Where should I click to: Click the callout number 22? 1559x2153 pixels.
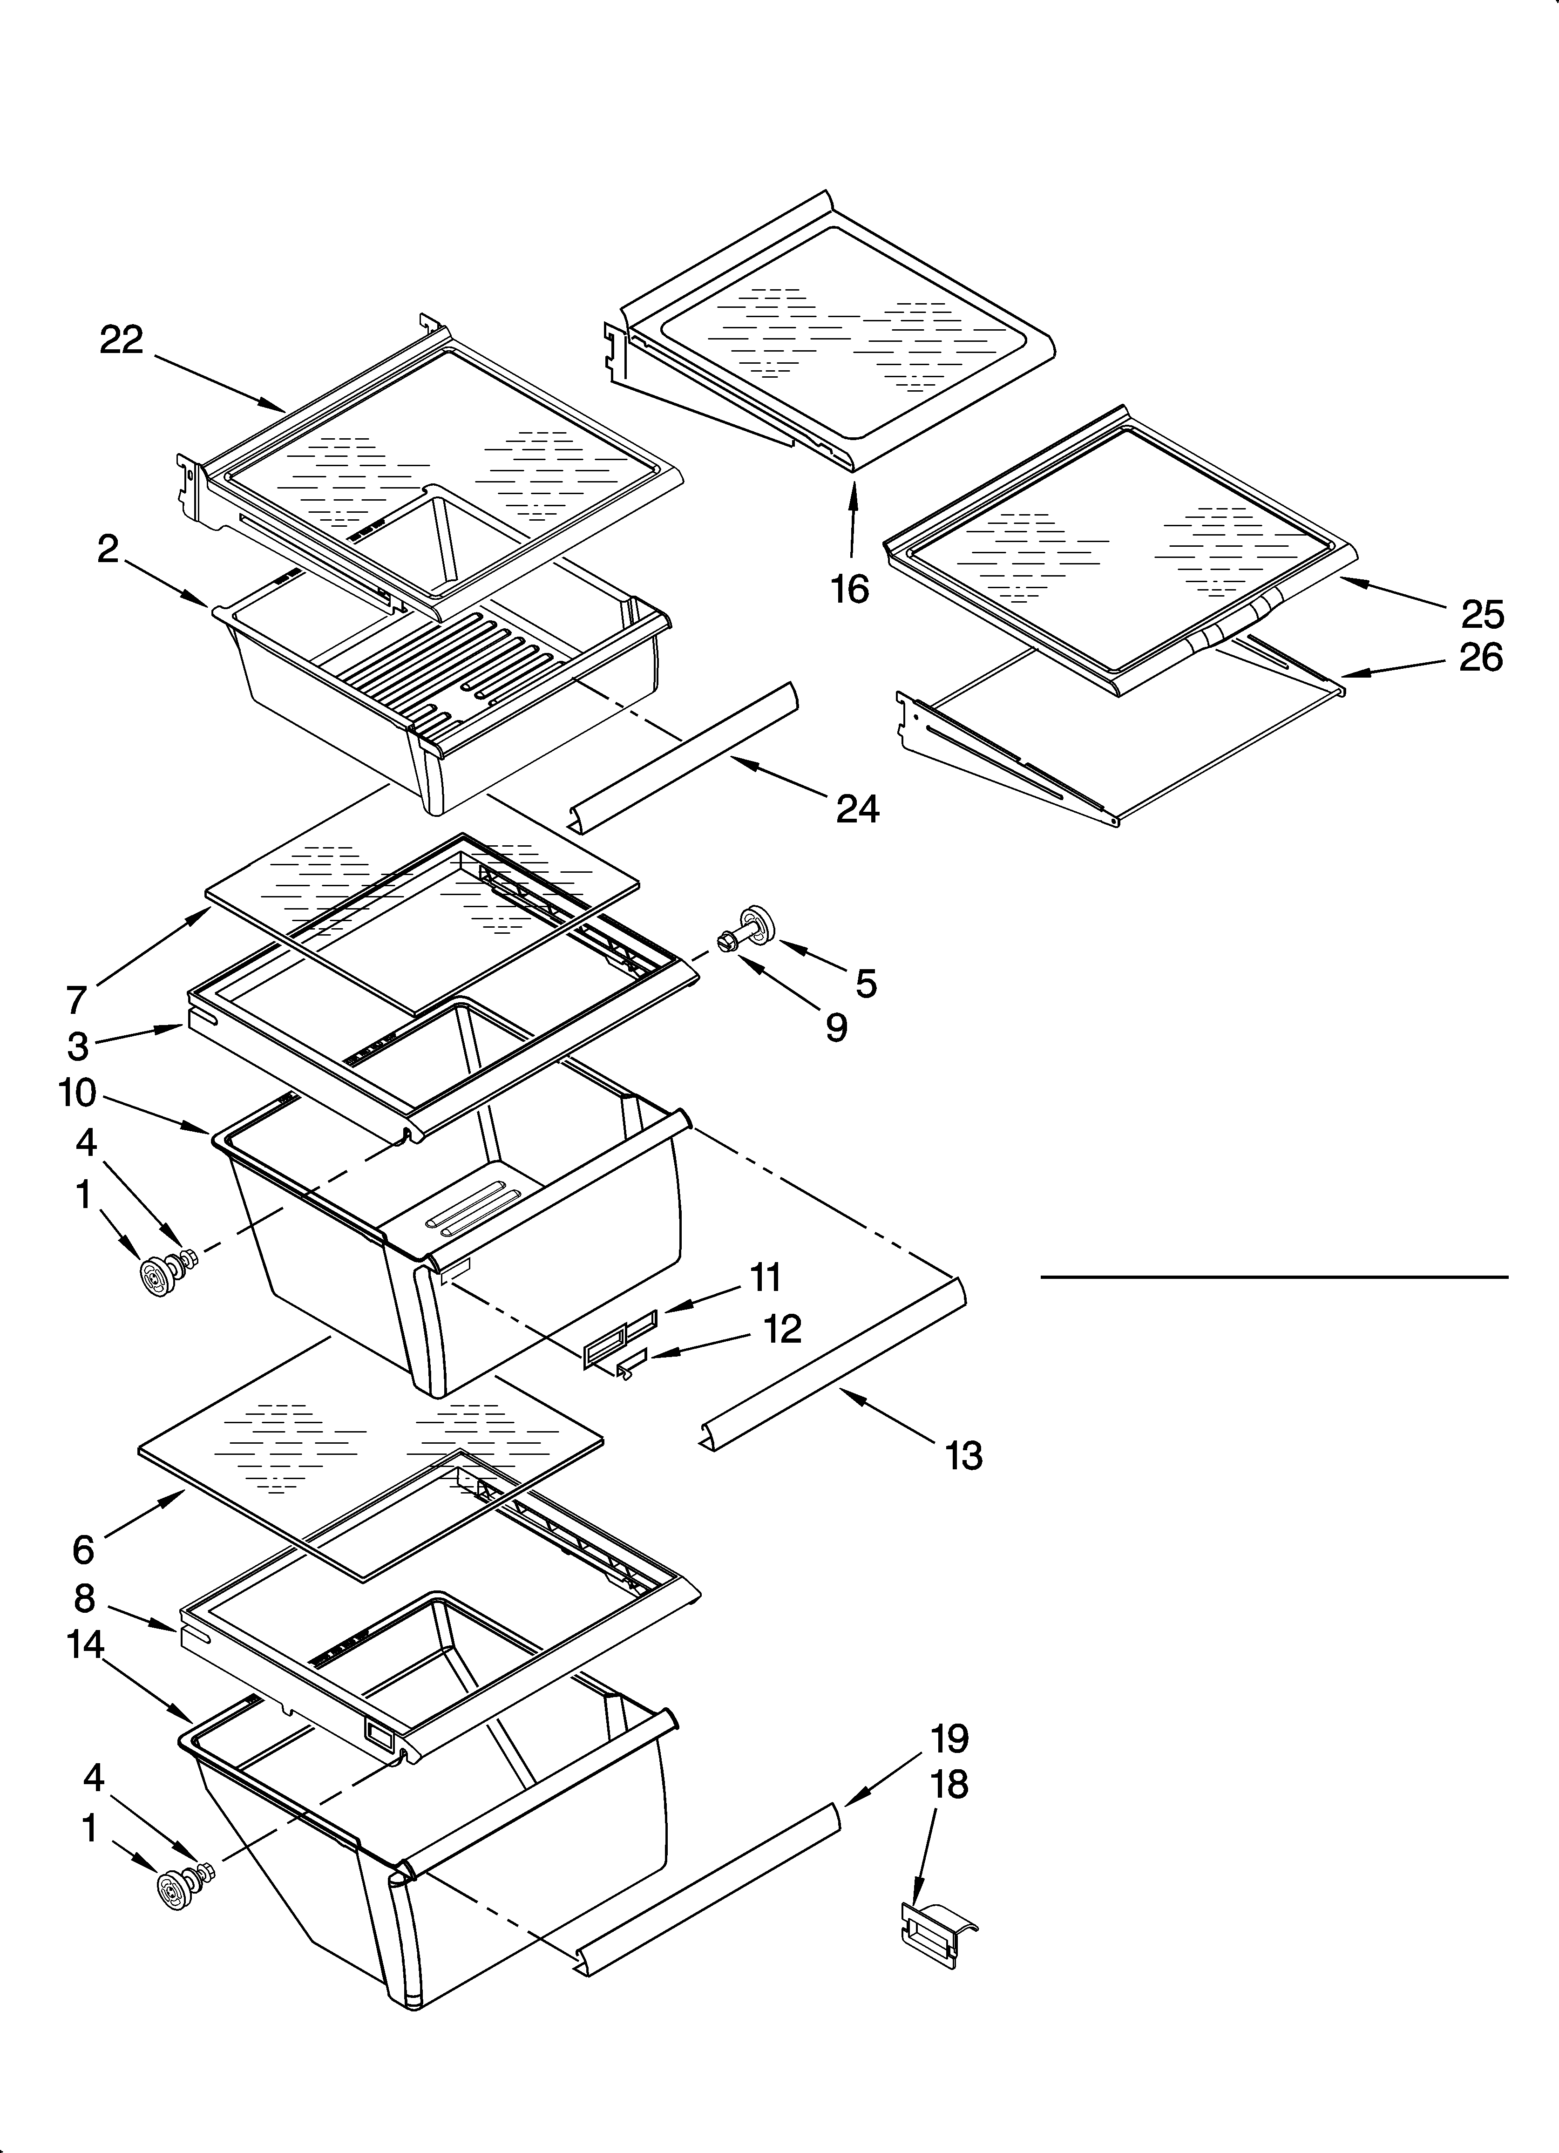[122, 340]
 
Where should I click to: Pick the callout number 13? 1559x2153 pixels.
[963, 1455]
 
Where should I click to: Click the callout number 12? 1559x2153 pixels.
[782, 1329]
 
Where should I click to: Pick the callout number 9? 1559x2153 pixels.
[835, 1027]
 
